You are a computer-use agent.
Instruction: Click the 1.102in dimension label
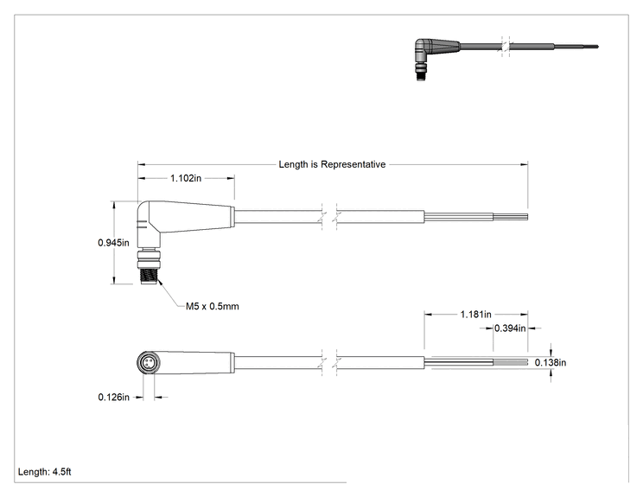pyautogui.click(x=186, y=178)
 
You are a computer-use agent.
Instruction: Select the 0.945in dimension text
pyautogui.click(x=113, y=242)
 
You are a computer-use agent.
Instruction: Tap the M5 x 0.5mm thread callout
pyautogui.click(x=212, y=306)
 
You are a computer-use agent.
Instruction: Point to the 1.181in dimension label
pyautogui.click(x=475, y=314)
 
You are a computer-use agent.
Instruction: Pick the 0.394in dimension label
pyautogui.click(x=510, y=328)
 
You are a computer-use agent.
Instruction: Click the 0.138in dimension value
pyautogui.click(x=551, y=362)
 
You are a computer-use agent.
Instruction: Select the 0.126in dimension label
pyautogui.click(x=113, y=397)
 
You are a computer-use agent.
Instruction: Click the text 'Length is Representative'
pyautogui.click(x=332, y=164)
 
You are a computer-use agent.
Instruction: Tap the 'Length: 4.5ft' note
pyautogui.click(x=44, y=472)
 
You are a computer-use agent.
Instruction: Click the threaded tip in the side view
pyautogui.click(x=149, y=275)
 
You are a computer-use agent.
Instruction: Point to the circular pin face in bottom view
pyautogui.click(x=147, y=363)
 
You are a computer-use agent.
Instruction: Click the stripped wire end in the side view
pyautogui.click(x=510, y=217)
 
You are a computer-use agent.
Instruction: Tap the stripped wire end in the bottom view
pyautogui.click(x=510, y=362)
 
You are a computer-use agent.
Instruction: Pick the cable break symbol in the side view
pyautogui.click(x=329, y=216)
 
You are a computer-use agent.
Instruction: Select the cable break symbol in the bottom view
pyautogui.click(x=329, y=362)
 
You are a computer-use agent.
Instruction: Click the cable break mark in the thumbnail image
pyautogui.click(x=506, y=46)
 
